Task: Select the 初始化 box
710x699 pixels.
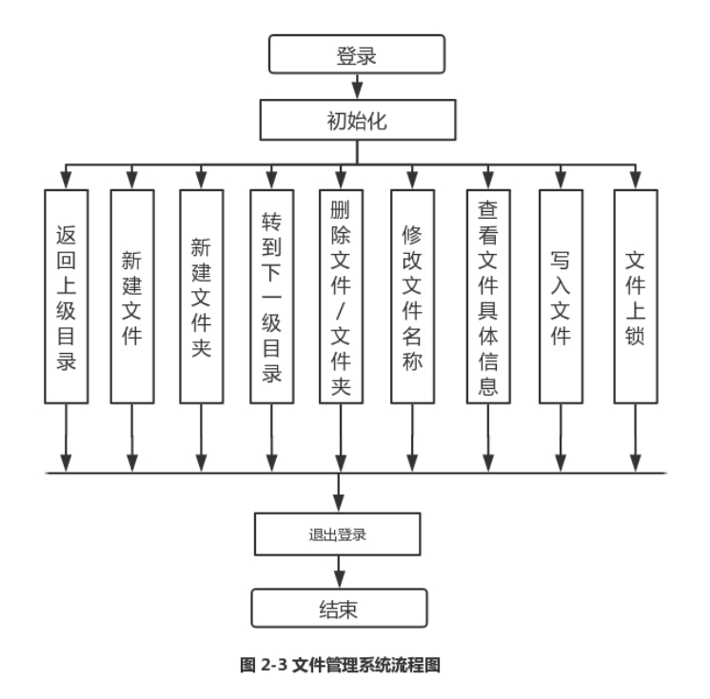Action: click(356, 122)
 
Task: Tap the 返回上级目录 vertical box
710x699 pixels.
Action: click(66, 298)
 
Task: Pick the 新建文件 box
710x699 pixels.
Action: click(132, 298)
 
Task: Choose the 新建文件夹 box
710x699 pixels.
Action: click(201, 298)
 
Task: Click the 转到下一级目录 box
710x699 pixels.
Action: click(271, 298)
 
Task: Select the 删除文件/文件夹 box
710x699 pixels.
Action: click(341, 298)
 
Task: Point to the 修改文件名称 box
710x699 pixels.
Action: click(412, 298)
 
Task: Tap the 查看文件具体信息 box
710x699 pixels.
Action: click(486, 298)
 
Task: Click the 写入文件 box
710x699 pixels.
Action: click(561, 298)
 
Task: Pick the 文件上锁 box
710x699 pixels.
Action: click(635, 298)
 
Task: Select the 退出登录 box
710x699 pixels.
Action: click(338, 534)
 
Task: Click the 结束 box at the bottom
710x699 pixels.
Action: click(338, 610)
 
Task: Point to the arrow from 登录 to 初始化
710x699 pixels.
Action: click(356, 87)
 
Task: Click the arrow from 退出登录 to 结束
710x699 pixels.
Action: click(338, 573)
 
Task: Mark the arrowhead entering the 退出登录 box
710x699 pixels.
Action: click(338, 505)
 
